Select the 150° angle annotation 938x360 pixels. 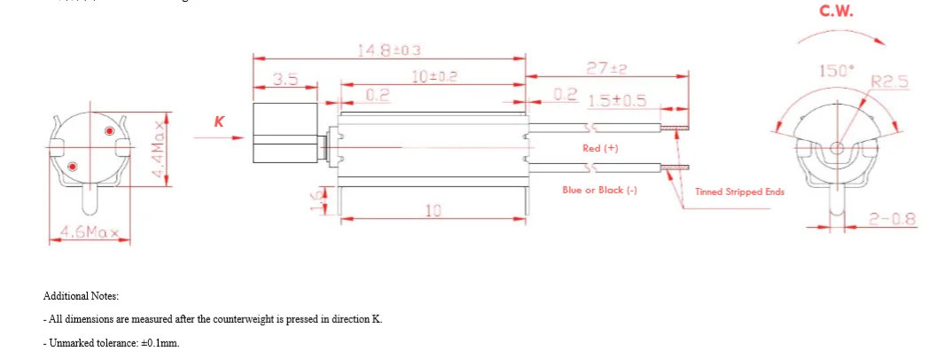pos(833,71)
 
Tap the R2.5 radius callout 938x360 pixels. pos(889,82)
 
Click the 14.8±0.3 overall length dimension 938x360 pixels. pos(389,51)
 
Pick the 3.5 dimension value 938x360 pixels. pos(285,79)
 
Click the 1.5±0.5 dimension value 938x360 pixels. pos(616,100)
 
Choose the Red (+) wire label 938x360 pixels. pos(600,148)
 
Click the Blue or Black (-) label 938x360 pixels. pos(599,190)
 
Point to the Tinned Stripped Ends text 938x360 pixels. pos(739,191)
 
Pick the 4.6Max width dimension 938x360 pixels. pos(89,233)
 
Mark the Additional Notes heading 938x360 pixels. pos(81,296)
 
